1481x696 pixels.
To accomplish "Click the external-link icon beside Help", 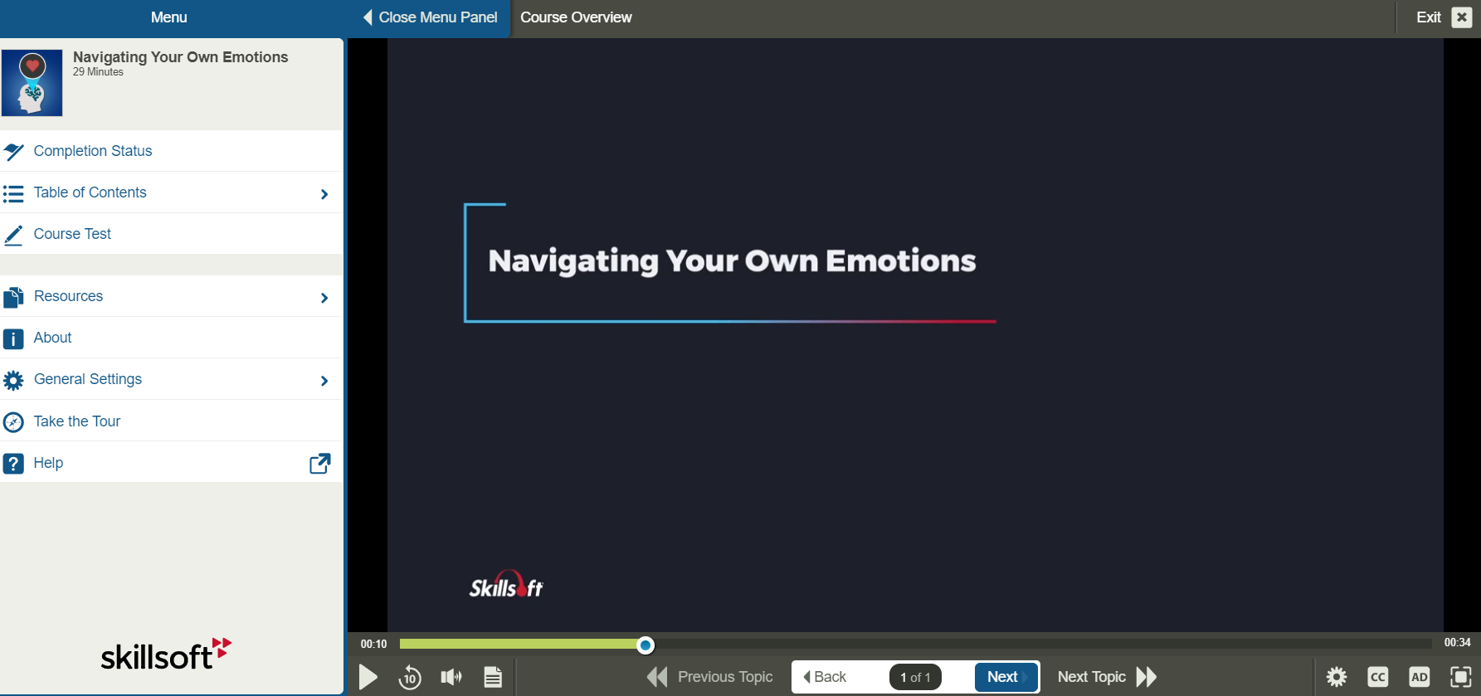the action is click(x=319, y=463).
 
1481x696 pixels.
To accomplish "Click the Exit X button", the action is click(x=1461, y=17).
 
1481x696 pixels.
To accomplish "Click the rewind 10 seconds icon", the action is click(x=410, y=677).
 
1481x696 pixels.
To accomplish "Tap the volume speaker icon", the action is click(x=451, y=677).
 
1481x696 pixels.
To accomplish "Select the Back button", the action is click(x=826, y=677).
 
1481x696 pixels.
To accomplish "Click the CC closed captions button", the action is click(x=1377, y=677).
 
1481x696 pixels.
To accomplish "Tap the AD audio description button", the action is click(x=1419, y=677).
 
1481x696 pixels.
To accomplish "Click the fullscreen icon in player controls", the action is click(x=1460, y=677).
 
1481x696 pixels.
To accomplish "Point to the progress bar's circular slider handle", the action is click(x=646, y=645).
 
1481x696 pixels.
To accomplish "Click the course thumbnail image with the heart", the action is click(x=32, y=83).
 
